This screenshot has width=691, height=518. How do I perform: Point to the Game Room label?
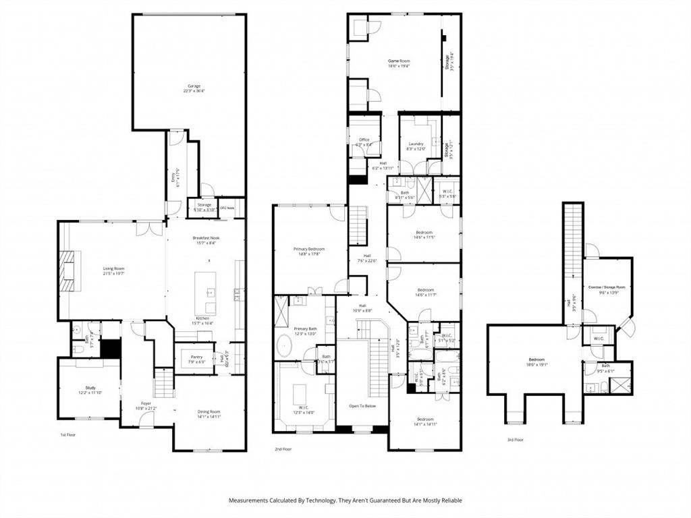(399, 61)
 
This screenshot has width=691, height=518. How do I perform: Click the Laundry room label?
(416, 144)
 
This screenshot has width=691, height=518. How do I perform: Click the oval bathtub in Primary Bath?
(284, 345)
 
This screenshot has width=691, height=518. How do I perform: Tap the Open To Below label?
(362, 406)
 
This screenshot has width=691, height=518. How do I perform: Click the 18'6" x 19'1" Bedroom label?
(535, 360)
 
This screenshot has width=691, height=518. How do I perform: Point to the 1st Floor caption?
(68, 435)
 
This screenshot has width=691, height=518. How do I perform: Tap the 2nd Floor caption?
(283, 449)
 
